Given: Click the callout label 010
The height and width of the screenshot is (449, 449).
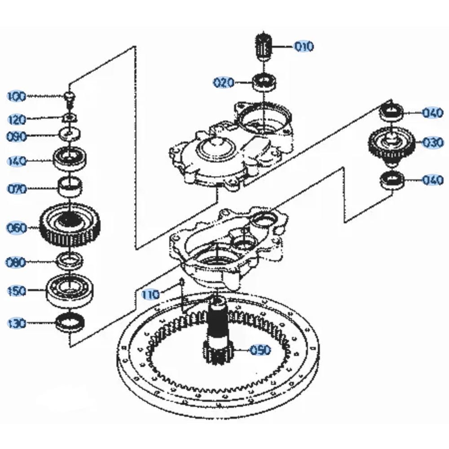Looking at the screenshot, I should click(x=304, y=46).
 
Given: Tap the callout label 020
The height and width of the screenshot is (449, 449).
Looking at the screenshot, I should click(x=224, y=83).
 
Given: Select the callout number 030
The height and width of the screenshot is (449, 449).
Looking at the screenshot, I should click(x=432, y=143).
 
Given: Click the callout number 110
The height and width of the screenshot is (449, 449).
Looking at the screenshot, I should click(x=150, y=295).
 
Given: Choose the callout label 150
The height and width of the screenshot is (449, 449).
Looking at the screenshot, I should click(x=18, y=291).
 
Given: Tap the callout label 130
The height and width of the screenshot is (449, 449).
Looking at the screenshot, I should click(x=18, y=323).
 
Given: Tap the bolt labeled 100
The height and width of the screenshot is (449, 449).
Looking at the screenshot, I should click(x=70, y=97).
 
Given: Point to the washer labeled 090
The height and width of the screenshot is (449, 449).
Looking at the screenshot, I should click(x=70, y=134).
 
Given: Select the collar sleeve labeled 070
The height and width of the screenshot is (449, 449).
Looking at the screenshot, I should click(x=71, y=186).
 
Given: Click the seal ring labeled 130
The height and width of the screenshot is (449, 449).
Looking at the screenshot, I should click(x=70, y=323).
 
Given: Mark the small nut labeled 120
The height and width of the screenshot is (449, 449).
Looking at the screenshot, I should click(x=70, y=118).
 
